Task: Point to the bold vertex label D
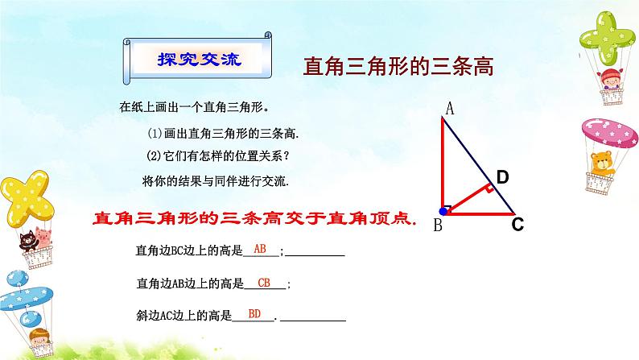(x=502, y=176)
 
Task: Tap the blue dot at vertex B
(x=443, y=213)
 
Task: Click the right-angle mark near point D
(x=488, y=190)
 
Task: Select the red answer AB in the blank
(x=259, y=249)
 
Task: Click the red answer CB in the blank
(x=264, y=282)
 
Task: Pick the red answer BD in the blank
(x=254, y=314)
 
